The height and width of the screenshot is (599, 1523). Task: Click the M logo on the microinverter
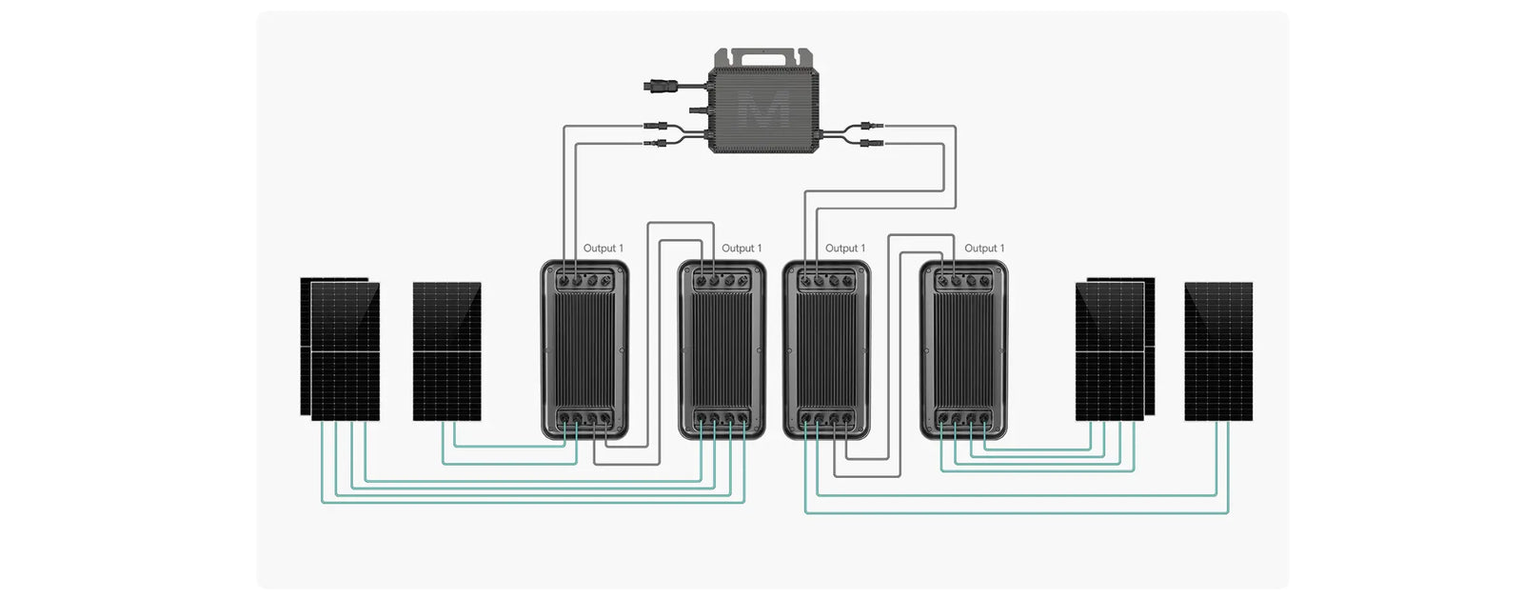click(x=763, y=110)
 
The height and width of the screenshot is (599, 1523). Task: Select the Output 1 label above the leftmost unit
click(x=603, y=249)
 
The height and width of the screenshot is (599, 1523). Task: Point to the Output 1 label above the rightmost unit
click(x=983, y=249)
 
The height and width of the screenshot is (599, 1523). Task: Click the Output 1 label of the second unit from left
click(x=741, y=249)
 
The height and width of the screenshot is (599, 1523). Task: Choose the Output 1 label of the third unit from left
click(x=844, y=249)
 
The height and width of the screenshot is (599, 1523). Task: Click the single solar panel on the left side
click(x=446, y=350)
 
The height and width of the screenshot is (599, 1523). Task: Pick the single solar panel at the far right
click(x=1217, y=350)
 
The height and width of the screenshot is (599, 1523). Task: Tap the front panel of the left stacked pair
click(x=346, y=352)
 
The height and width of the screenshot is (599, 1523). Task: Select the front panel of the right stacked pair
click(x=1109, y=352)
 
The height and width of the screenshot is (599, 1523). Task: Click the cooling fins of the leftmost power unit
click(x=584, y=348)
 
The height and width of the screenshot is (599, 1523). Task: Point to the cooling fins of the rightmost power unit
click(x=963, y=348)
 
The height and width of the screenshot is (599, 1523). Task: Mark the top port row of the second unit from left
click(x=722, y=281)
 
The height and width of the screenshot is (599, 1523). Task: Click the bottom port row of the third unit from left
click(x=826, y=418)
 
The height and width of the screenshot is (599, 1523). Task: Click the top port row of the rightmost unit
click(x=963, y=281)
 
